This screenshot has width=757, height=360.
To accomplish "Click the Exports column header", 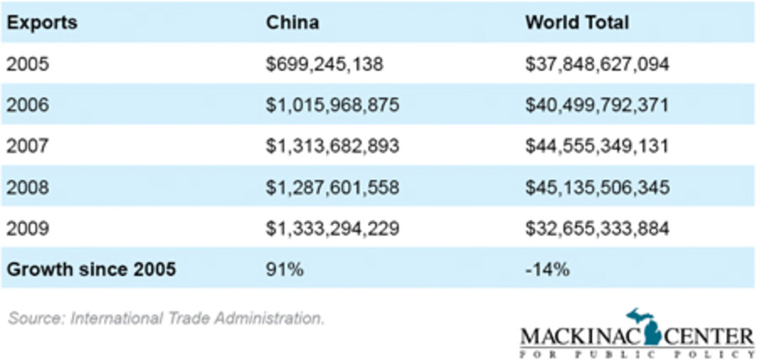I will tap(41, 22).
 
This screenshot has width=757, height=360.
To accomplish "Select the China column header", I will tap(292, 22).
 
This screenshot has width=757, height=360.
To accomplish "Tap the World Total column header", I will tap(576, 22).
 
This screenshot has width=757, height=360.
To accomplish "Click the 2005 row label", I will tap(28, 64).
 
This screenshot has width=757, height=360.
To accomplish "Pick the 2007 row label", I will tap(28, 146).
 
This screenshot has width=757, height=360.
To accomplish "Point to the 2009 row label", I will tap(28, 228).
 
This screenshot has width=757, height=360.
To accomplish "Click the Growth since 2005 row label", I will tap(91, 269).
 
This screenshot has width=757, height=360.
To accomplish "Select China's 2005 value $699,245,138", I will tap(325, 64).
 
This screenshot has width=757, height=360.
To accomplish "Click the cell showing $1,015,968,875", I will tap(333, 105).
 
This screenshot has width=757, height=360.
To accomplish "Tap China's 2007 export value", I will tap(333, 146).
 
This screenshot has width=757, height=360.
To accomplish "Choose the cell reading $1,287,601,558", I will tap(333, 187).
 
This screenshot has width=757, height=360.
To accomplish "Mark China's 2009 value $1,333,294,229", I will tap(333, 228).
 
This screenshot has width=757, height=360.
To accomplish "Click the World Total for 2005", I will tap(597, 64).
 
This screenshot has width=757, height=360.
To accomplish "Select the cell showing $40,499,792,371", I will tap(597, 105).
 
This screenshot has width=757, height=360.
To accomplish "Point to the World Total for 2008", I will tap(597, 187).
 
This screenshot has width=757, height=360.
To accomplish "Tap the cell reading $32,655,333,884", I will tap(597, 228).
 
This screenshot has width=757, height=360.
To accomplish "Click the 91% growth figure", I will tap(285, 269).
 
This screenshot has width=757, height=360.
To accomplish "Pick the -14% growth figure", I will tap(547, 269).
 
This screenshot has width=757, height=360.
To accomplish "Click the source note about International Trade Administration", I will tap(166, 319).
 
